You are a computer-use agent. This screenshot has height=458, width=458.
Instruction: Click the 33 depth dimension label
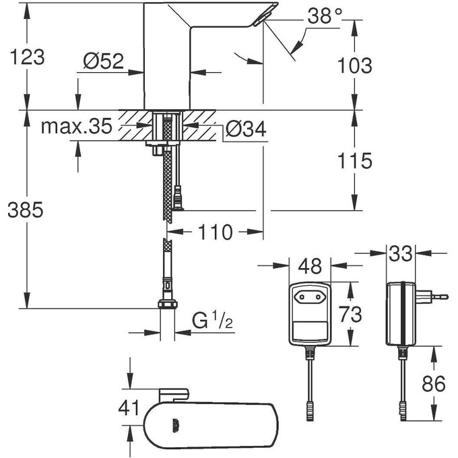pyautogui.click(x=401, y=255)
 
